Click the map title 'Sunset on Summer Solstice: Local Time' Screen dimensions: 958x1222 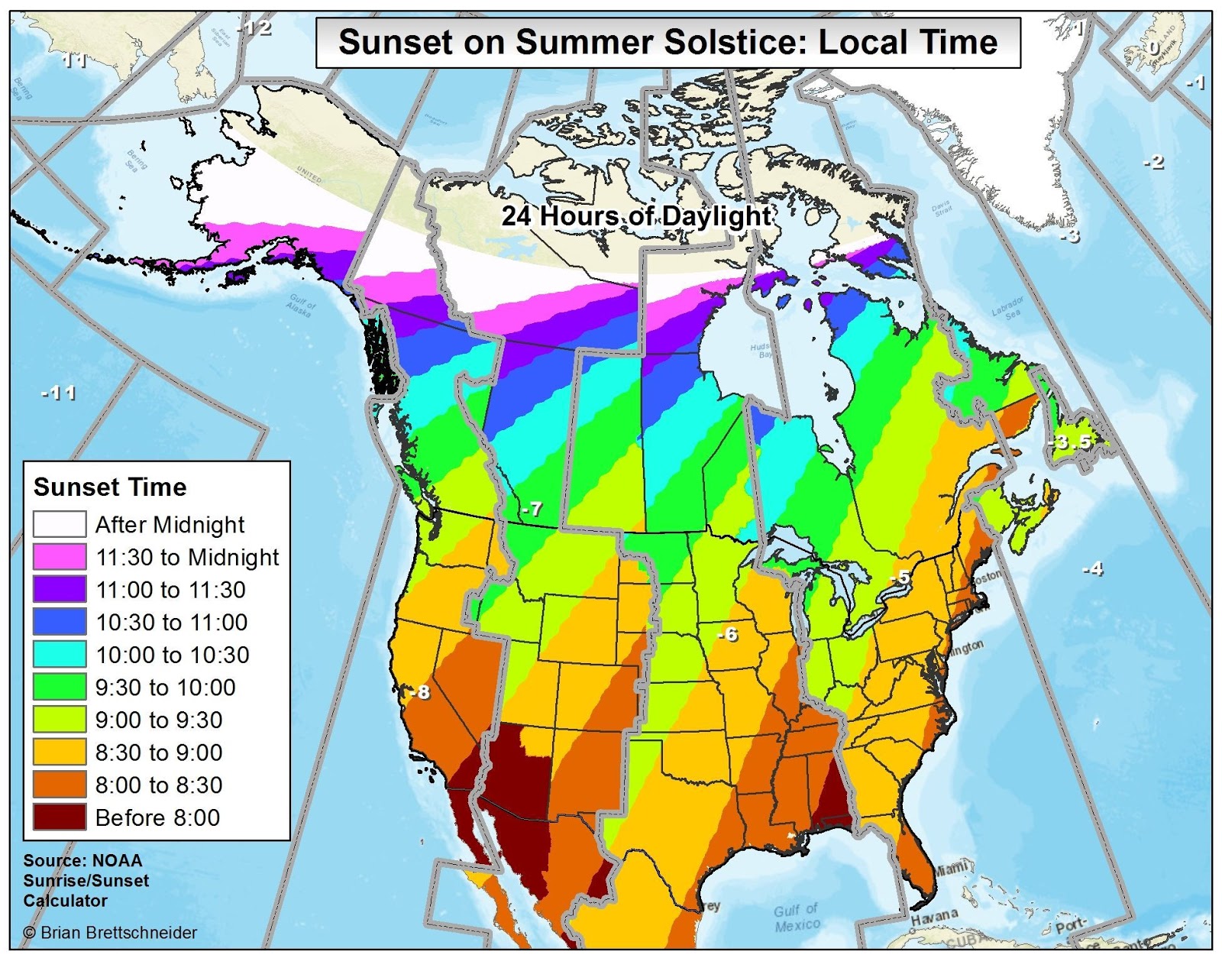tap(668, 42)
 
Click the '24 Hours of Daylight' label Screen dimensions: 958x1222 tap(635, 216)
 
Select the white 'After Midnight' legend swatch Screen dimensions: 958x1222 tap(60, 525)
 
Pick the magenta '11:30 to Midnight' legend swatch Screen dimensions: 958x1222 tap(60, 557)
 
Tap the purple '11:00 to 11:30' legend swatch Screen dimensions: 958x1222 tap(60, 590)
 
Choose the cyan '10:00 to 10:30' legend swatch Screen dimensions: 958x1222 tap(60, 655)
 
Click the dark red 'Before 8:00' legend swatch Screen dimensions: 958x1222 tap(60, 817)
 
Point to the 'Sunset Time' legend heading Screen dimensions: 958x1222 tap(110, 487)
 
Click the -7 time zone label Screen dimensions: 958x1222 tap(532, 509)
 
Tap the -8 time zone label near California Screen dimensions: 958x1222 tap(420, 692)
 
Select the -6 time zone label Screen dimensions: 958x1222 tap(728, 634)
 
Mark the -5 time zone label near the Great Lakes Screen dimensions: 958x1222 tap(902, 578)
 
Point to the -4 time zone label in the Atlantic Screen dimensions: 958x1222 tap(1093, 568)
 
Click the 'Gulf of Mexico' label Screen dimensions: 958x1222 tap(797, 918)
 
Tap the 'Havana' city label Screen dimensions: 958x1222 tap(934, 915)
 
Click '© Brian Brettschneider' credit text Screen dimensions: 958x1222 tap(110, 933)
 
